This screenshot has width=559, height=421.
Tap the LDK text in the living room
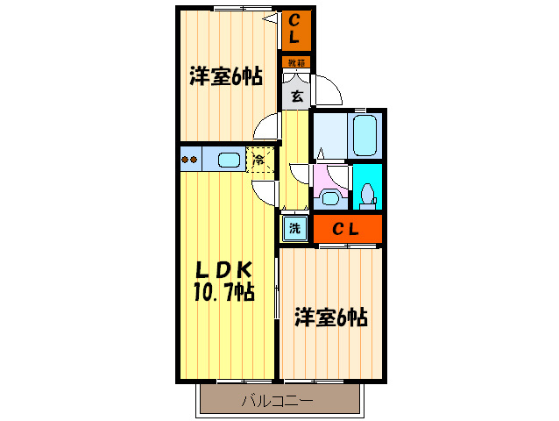(x=223, y=269)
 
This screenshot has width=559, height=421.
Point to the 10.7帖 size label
(x=224, y=292)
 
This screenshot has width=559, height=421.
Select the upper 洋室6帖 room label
(x=225, y=76)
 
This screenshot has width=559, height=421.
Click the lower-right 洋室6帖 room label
(x=329, y=316)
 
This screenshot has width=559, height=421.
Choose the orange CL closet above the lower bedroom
(x=347, y=229)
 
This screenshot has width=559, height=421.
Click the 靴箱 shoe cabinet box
(x=296, y=62)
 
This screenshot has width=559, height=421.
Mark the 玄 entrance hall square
(x=296, y=96)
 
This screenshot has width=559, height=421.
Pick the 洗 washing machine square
(x=294, y=229)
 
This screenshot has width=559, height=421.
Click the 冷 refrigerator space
(x=259, y=161)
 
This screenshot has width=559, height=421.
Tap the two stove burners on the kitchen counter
(x=190, y=160)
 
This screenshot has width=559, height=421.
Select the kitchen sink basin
(x=228, y=160)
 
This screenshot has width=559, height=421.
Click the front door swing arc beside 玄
(x=325, y=91)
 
